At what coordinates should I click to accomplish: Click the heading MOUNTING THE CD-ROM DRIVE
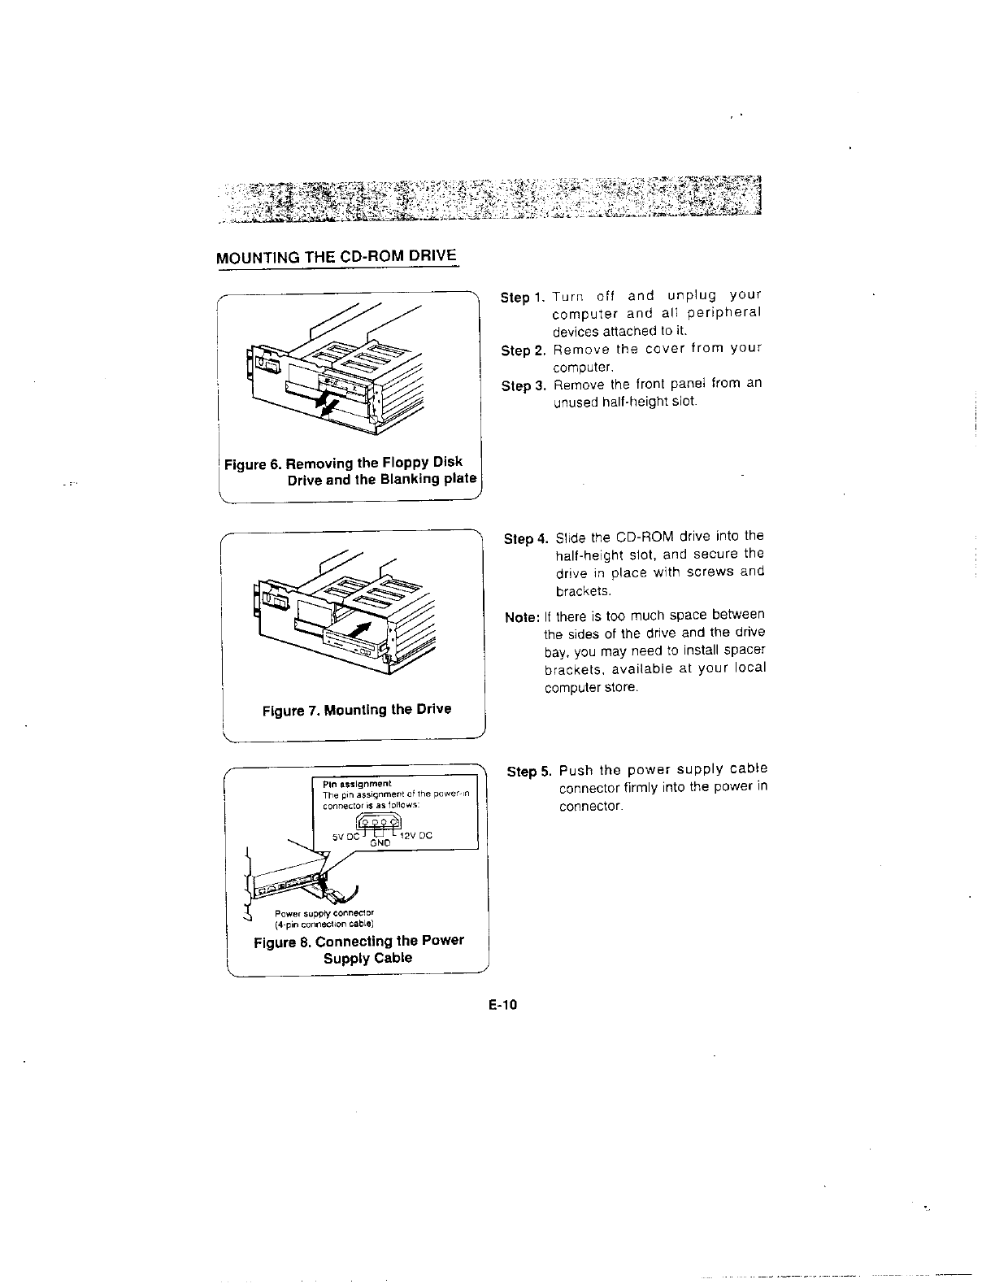pyautogui.click(x=337, y=257)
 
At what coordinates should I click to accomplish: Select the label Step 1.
pyautogui.click(x=523, y=298)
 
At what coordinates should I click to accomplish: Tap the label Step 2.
pyautogui.click(x=523, y=350)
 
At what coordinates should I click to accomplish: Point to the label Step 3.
pyautogui.click(x=523, y=386)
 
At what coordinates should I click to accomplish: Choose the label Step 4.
pyautogui.click(x=526, y=539)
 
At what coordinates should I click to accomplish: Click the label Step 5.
pyautogui.click(x=529, y=772)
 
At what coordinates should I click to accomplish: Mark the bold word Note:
pyautogui.click(x=522, y=617)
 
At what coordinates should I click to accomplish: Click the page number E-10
pyautogui.click(x=503, y=1006)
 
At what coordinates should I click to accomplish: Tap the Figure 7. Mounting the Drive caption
pyautogui.click(x=356, y=709)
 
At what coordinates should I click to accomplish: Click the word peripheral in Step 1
pyautogui.click(x=723, y=313)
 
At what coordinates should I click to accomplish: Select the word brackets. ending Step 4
pyautogui.click(x=577, y=590)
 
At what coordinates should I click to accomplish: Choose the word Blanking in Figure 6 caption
pyautogui.click(x=394, y=479)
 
